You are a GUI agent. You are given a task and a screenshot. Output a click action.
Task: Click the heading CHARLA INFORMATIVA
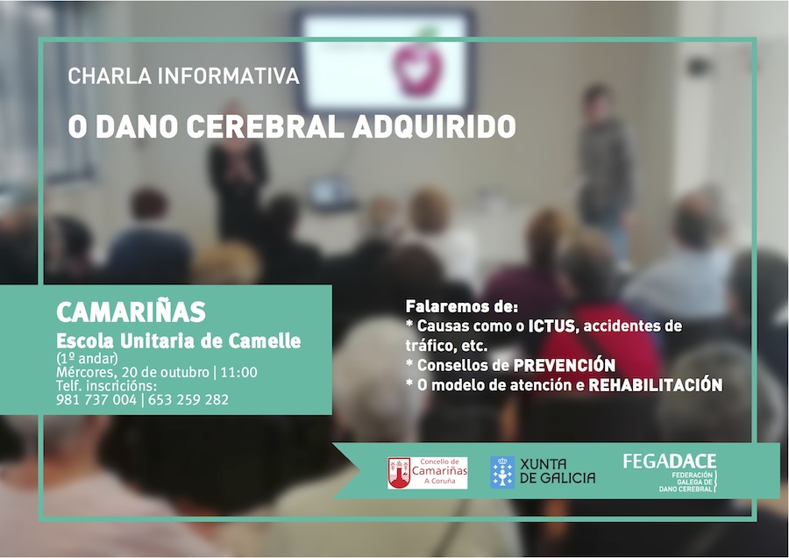(184, 76)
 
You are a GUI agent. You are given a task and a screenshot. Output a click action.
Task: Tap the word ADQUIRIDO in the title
(434, 126)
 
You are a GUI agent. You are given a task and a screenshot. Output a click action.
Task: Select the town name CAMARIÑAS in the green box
(131, 311)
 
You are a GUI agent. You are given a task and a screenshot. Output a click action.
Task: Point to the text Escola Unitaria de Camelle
(179, 341)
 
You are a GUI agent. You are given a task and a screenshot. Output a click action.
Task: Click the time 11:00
(239, 373)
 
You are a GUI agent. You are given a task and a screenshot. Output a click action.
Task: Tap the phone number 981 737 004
(96, 400)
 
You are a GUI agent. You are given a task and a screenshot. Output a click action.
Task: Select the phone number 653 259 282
(188, 400)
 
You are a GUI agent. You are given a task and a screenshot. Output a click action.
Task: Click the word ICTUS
(551, 326)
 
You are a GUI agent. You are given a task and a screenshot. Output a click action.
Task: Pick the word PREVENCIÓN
(564, 365)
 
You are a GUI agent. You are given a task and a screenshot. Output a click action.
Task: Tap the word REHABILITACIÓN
(656, 385)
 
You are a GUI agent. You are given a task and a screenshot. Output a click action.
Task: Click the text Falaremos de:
(462, 306)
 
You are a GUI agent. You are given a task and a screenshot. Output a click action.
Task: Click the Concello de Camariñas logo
(428, 473)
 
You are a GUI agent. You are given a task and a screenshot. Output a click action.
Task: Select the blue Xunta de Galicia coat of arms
(502, 472)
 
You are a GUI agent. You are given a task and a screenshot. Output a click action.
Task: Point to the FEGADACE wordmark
(669, 461)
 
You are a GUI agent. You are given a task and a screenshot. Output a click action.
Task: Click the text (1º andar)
(87, 358)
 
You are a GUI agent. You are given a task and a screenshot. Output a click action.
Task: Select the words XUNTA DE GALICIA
(558, 471)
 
